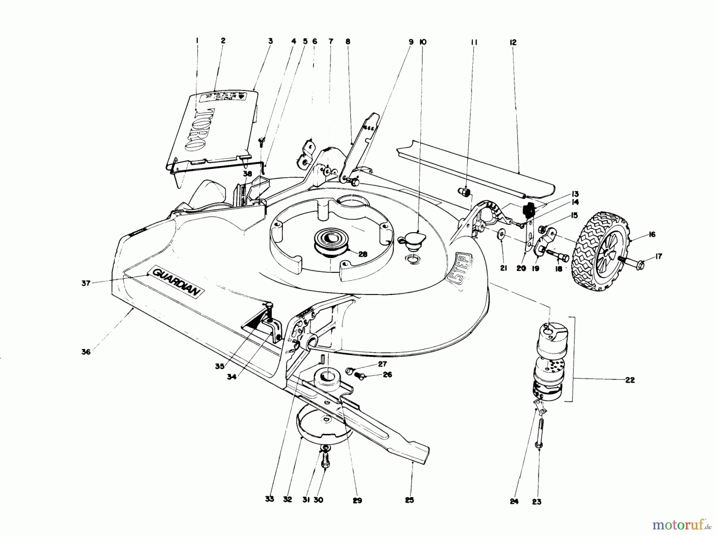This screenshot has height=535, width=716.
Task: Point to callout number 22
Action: tap(630, 380)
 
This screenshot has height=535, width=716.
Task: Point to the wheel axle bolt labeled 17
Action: tap(632, 262)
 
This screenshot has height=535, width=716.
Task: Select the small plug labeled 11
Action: tap(465, 193)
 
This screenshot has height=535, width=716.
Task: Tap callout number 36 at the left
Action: tap(86, 352)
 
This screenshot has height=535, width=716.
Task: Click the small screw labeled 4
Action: tap(261, 140)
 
